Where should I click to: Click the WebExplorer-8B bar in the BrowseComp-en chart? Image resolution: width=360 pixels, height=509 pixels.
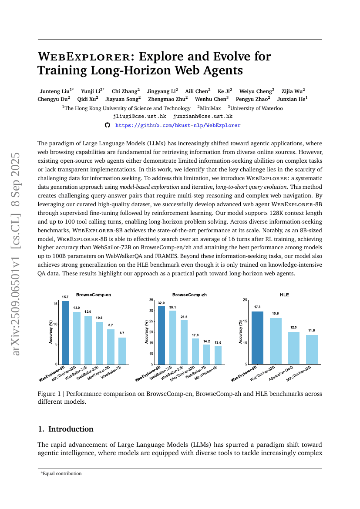(65, 333)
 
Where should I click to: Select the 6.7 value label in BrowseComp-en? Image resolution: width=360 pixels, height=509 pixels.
(122, 333)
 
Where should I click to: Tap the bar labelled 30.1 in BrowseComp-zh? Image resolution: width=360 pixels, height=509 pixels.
(173, 337)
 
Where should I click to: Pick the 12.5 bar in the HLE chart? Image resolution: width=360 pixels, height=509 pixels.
(293, 348)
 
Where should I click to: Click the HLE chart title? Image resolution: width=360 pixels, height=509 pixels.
(284, 295)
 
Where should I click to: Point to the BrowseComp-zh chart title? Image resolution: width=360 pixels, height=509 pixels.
(189, 295)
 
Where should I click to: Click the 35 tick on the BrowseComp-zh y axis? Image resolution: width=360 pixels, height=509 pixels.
(151, 300)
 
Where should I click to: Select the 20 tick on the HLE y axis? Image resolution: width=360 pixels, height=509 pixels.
(245, 300)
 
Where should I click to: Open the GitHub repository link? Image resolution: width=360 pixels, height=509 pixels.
(178, 125)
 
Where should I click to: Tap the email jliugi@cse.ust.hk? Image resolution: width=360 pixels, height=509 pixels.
(139, 117)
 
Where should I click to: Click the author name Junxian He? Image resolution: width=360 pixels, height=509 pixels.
(293, 99)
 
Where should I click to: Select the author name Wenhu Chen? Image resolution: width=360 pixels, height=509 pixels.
(212, 99)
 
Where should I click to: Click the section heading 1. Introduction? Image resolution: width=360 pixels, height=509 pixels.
(66, 429)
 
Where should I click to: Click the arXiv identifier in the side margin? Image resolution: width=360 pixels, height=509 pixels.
(17, 254)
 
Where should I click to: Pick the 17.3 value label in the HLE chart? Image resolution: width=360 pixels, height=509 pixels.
(257, 307)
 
